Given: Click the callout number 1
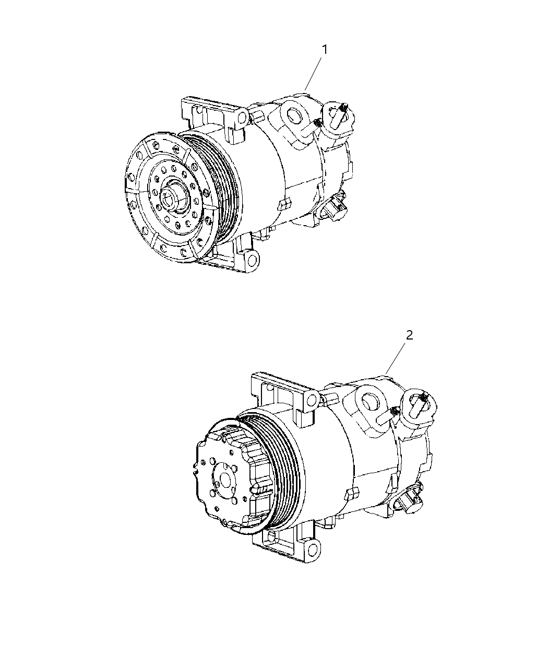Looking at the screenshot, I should [x=325, y=50].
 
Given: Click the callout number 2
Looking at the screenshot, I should [x=410, y=335].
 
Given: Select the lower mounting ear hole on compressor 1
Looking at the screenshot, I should [x=252, y=260].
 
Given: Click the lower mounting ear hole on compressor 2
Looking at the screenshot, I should [x=312, y=549].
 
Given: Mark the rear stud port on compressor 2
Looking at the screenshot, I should [x=418, y=402].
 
